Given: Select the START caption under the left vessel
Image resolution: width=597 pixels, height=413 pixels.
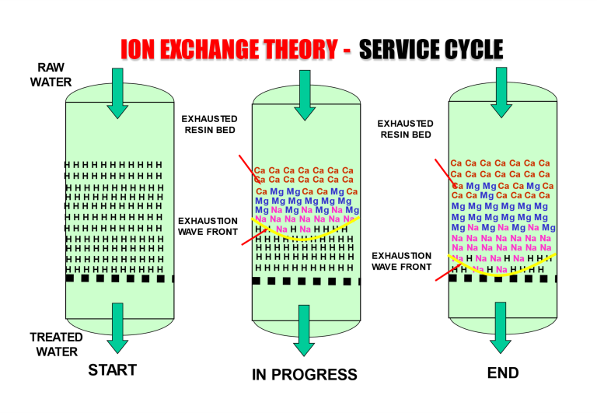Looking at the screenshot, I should pyautogui.click(x=112, y=369).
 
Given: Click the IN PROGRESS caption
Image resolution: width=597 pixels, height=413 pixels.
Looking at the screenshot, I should pyautogui.click(x=304, y=375).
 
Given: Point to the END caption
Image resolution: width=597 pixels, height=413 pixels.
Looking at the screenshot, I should pyautogui.click(x=502, y=373).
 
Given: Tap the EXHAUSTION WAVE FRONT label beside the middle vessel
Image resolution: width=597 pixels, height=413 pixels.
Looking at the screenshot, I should pyautogui.click(x=208, y=226).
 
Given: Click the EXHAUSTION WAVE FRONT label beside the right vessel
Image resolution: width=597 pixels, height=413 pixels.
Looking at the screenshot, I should pyautogui.click(x=401, y=261).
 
